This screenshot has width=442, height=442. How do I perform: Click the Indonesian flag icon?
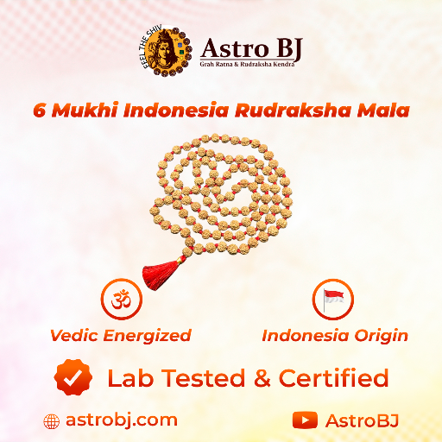[333, 300]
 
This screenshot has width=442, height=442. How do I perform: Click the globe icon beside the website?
[52, 420]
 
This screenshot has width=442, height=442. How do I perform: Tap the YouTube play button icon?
[305, 420]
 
